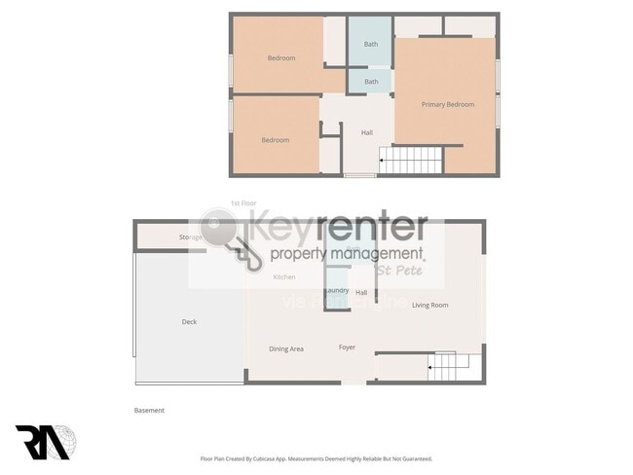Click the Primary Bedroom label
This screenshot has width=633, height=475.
[x=448, y=104]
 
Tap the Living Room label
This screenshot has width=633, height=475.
[x=429, y=306]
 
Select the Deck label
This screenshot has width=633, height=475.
[x=189, y=322]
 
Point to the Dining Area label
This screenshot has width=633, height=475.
[x=286, y=348]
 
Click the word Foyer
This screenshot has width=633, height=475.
[x=347, y=347]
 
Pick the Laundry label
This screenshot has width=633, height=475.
[x=337, y=291]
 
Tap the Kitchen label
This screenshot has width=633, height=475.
[x=284, y=277]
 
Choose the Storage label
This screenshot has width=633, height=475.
[x=191, y=237]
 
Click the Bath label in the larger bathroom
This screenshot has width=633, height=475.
[x=371, y=44]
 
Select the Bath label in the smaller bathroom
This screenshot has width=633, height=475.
[x=371, y=82]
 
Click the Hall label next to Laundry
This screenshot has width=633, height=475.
[x=361, y=292]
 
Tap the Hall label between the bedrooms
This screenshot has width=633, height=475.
[x=367, y=132]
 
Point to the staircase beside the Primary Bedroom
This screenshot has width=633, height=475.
[x=409, y=160]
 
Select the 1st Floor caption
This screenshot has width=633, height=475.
[x=242, y=203]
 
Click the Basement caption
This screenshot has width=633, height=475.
[x=149, y=411]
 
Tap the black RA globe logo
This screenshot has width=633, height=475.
[x=42, y=441]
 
